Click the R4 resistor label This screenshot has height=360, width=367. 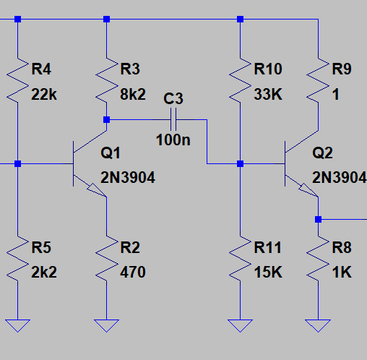(x=41, y=69)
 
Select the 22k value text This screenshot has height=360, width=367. (x=44, y=94)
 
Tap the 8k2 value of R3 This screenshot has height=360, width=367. (x=133, y=94)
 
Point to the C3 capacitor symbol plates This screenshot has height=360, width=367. (x=173, y=119)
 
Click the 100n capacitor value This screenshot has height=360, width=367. (x=173, y=140)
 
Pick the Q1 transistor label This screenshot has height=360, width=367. (x=111, y=153)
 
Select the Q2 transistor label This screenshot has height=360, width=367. (x=322, y=153)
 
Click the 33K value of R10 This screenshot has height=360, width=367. (x=268, y=94)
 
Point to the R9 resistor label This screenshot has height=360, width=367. (x=342, y=69)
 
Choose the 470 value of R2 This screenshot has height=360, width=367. (x=133, y=273)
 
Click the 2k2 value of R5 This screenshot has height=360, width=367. (x=44, y=273)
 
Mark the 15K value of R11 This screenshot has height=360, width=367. (x=268, y=273)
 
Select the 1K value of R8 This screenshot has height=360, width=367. (x=342, y=273)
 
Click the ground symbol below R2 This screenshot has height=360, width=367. (x=106, y=325)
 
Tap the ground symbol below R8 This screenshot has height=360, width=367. (x=318, y=325)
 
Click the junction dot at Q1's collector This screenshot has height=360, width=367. (x=106, y=119)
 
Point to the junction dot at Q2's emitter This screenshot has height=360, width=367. (x=318, y=219)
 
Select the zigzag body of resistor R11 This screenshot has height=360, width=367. (x=240, y=258)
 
